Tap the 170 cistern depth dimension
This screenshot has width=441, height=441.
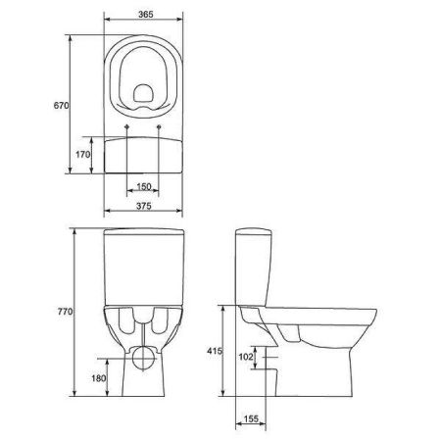point(84,155)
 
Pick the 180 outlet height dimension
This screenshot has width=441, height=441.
point(99,379)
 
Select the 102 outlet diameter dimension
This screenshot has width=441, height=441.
point(246,359)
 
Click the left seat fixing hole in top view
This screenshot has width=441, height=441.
point(130,126)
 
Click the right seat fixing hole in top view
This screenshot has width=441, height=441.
point(159,126)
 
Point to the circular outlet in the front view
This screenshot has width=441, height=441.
point(145,354)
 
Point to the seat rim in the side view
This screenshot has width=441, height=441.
point(323,312)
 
